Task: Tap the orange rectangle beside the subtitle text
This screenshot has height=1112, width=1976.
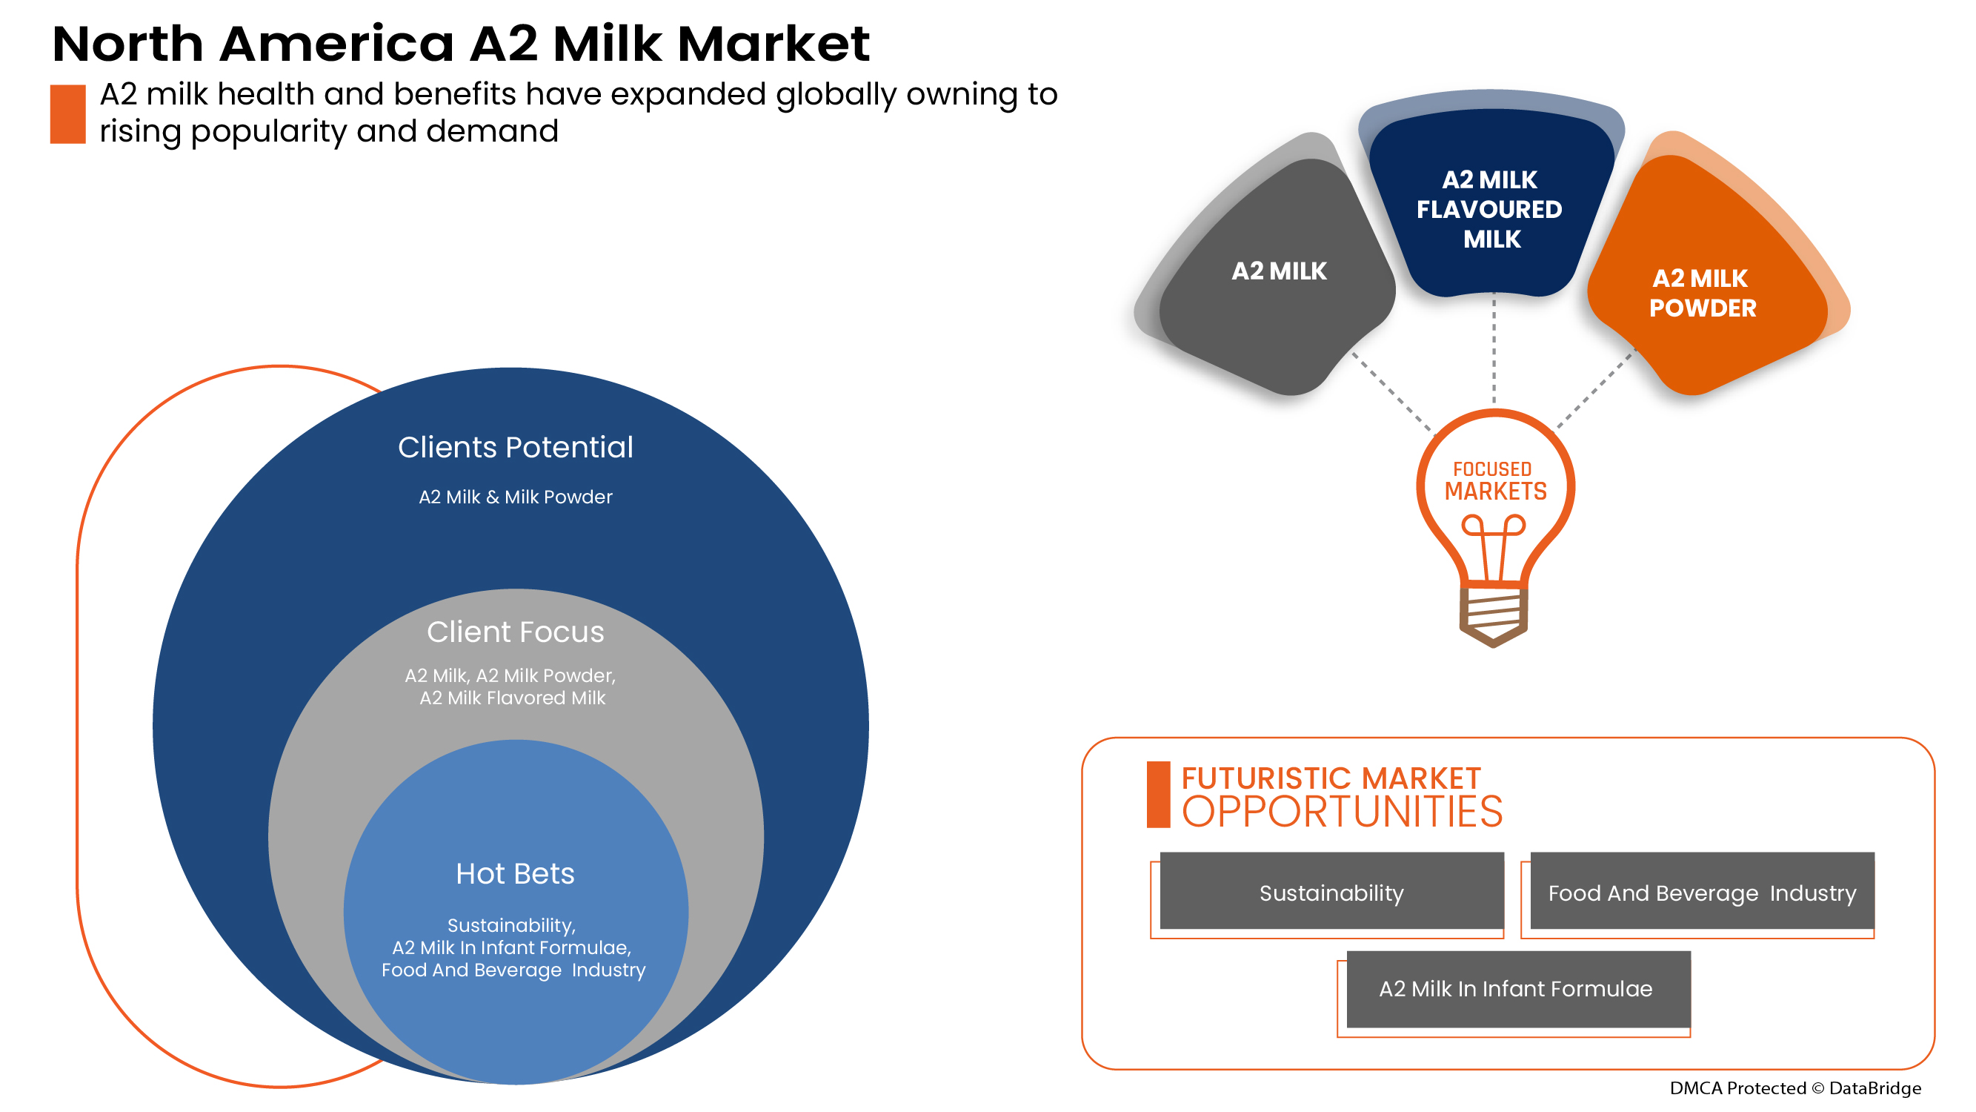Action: [x=67, y=113]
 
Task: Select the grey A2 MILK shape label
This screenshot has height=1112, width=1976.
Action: [x=1279, y=271]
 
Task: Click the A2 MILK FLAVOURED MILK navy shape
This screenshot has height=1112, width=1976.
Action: [x=1490, y=210]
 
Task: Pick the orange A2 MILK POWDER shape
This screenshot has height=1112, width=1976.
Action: [x=1701, y=293]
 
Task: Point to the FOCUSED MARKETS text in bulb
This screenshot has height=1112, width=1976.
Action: [x=1495, y=481]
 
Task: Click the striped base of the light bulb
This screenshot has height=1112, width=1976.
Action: [x=1493, y=614]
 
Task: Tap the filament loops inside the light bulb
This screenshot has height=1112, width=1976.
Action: [x=1493, y=529]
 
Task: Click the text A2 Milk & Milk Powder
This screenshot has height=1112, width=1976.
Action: [x=516, y=497]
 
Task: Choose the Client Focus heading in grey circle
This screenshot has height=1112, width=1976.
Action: [x=516, y=632]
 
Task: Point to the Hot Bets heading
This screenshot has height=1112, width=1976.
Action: [x=516, y=874]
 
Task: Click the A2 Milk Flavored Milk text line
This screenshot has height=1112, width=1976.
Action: [x=513, y=698]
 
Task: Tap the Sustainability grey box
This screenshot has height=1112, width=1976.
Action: [x=1331, y=893]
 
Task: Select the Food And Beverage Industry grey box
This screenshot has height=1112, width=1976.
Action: [x=1702, y=893]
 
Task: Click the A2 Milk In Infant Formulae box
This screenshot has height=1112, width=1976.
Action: [x=1516, y=988]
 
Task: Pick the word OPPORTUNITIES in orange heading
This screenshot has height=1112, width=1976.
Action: [x=1343, y=813]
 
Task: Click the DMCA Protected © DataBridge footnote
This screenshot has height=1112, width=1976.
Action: [x=1795, y=1088]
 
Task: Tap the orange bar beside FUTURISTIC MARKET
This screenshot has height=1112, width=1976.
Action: [x=1158, y=795]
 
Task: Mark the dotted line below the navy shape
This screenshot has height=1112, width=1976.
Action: [x=1494, y=349]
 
